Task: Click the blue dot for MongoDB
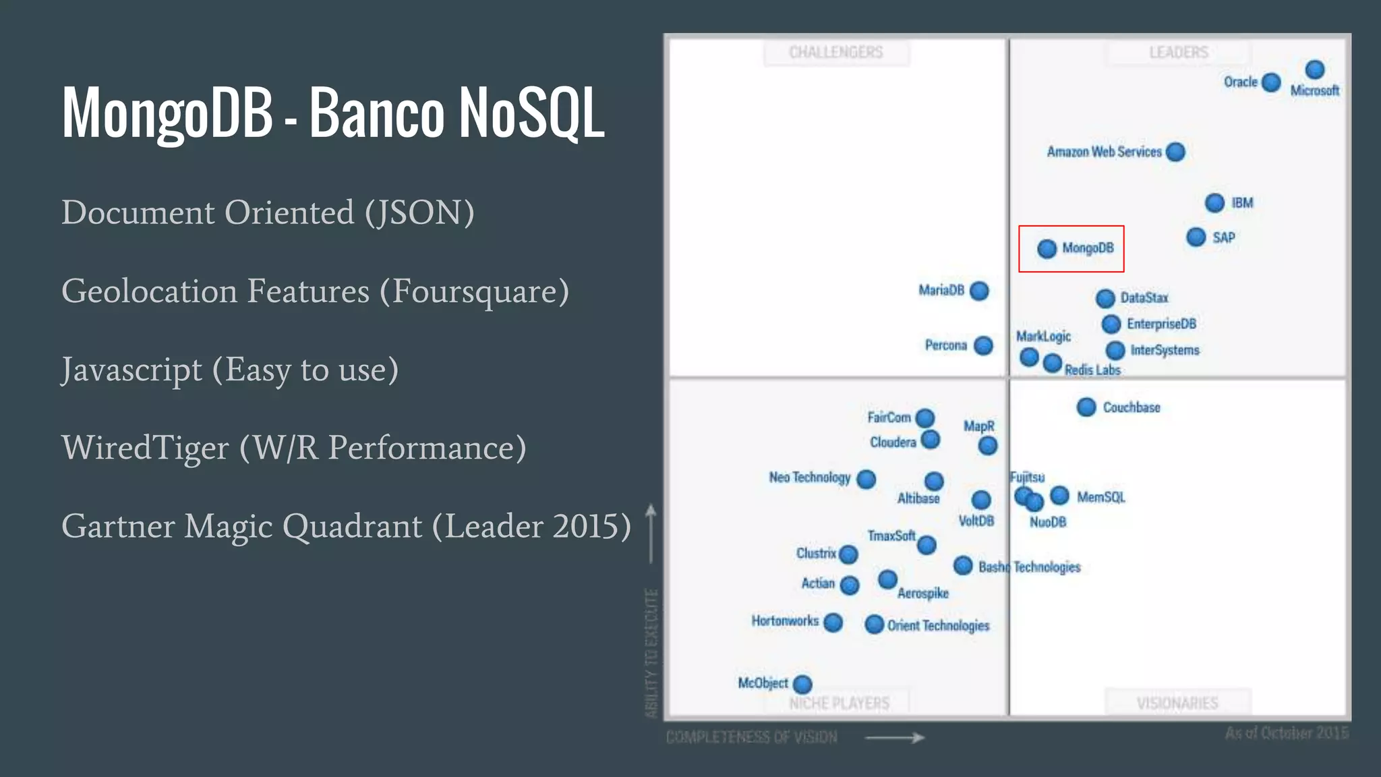(x=1047, y=249)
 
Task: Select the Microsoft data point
(x=1314, y=69)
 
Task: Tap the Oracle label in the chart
(x=1240, y=82)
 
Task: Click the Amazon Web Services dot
(x=1175, y=152)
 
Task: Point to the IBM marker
(x=1214, y=203)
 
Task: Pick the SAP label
(x=1223, y=238)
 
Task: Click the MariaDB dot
(x=979, y=291)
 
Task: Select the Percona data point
(x=984, y=345)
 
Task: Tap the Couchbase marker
(x=1086, y=407)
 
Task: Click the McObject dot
(x=802, y=684)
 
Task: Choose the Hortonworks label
(x=785, y=621)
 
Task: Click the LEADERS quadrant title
(x=1178, y=53)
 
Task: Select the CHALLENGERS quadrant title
(x=835, y=53)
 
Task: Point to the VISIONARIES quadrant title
(x=1177, y=703)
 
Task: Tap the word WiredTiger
(x=145, y=448)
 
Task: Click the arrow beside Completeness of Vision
(x=894, y=738)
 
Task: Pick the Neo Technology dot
(x=866, y=479)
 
